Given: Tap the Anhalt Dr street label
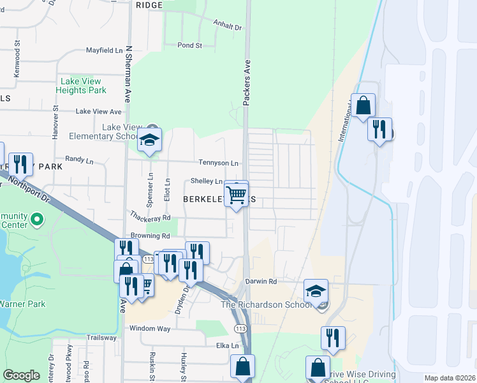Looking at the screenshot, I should point(230,28).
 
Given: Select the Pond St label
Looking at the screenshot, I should point(190,46).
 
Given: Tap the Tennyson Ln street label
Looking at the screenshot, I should point(218,163).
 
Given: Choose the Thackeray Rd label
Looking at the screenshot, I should point(151,218).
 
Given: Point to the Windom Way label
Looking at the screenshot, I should point(150,328).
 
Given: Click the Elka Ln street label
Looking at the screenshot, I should point(227,346).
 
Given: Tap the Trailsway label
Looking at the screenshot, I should point(102,338).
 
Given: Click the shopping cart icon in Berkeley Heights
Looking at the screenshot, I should point(237,195).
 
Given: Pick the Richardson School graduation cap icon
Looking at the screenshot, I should point(315,292).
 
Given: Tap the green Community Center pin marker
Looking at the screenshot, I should point(37,221).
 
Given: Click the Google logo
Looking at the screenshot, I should point(21,375).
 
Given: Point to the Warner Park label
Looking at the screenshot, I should point(22,304).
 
